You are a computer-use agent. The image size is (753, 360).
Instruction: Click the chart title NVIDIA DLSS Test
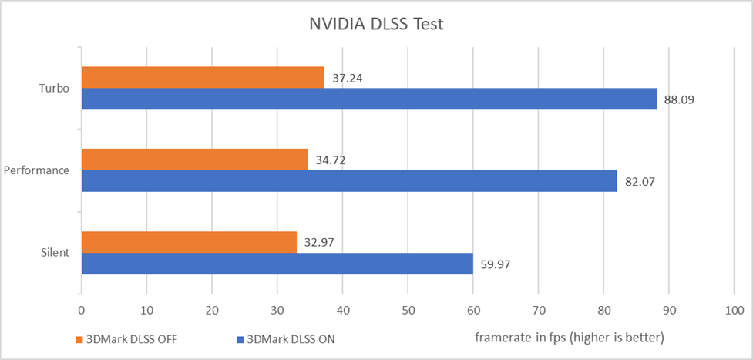click(x=376, y=24)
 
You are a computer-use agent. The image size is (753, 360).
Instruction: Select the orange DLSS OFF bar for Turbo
click(x=203, y=77)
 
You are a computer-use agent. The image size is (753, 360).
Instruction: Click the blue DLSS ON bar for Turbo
click(x=368, y=99)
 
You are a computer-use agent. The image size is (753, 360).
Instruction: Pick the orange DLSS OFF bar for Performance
click(x=194, y=160)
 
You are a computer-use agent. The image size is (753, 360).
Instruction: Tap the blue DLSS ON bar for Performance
click(x=349, y=181)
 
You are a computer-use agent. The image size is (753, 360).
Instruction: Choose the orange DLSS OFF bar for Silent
click(x=189, y=242)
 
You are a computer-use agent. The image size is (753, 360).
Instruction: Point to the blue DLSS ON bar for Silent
click(x=277, y=264)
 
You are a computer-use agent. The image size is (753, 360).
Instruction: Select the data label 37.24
click(x=347, y=78)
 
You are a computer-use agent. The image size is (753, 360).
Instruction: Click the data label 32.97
click(x=318, y=243)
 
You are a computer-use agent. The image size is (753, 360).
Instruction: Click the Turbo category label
click(x=55, y=88)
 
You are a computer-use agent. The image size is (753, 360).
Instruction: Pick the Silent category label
click(x=55, y=253)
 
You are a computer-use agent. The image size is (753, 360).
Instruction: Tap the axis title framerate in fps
click(x=569, y=338)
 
